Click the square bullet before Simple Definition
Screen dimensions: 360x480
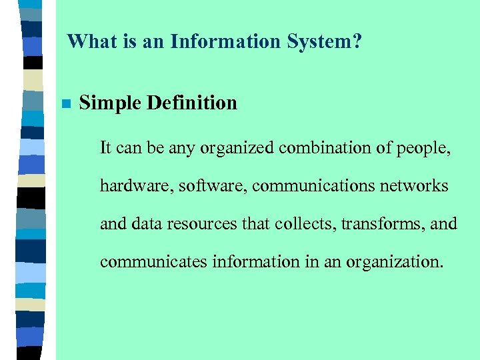pyautogui.click(x=65, y=104)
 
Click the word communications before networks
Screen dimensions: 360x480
pyautogui.click(x=309, y=185)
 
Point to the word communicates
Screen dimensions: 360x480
pyautogui.click(x=153, y=261)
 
